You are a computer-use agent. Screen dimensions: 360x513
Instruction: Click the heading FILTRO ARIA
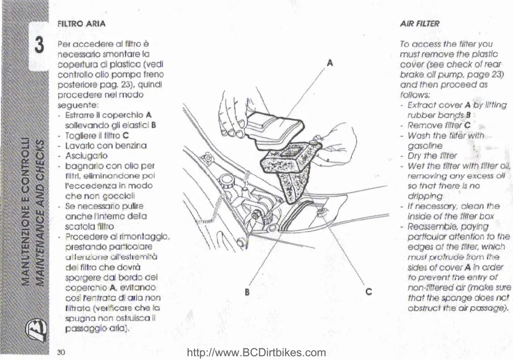(x=81, y=23)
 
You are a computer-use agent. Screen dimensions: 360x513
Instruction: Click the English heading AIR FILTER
(x=420, y=23)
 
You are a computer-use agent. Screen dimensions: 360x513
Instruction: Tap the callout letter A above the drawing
(x=330, y=62)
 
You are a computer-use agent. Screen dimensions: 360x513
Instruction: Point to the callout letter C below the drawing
(x=369, y=291)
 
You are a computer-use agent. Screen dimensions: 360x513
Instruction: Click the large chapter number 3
(x=39, y=46)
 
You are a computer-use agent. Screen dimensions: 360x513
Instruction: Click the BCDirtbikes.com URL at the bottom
(x=256, y=353)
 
